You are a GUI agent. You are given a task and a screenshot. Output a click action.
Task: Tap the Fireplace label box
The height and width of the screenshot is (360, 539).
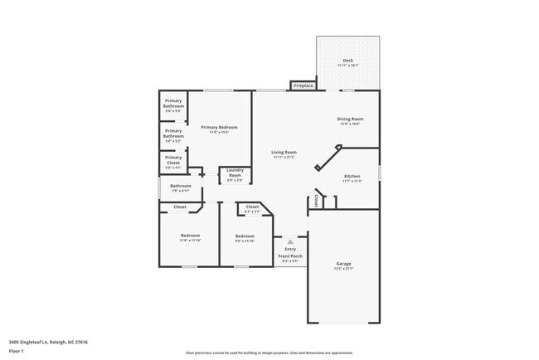click(x=303, y=85)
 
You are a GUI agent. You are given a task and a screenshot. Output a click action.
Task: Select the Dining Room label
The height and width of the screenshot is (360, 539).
click(x=349, y=119)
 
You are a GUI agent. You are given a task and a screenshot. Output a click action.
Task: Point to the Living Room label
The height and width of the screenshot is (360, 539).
click(x=284, y=153)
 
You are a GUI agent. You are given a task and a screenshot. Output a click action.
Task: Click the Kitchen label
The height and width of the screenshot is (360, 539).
click(x=352, y=177)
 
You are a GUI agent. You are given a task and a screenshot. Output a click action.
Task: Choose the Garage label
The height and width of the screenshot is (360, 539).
click(x=343, y=263)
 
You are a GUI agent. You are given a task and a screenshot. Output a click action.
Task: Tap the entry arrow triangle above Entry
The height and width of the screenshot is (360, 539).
click(x=290, y=241)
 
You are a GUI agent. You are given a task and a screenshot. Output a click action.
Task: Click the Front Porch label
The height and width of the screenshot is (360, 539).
click(x=290, y=256)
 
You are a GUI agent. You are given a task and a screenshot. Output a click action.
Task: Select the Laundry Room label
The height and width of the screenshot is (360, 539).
click(x=235, y=174)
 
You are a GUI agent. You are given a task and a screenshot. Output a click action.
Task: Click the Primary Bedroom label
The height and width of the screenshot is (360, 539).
click(x=219, y=127)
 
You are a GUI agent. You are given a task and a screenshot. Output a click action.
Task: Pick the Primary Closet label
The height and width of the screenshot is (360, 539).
click(x=172, y=160)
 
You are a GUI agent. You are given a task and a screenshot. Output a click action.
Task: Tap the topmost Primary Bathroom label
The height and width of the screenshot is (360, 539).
click(x=173, y=105)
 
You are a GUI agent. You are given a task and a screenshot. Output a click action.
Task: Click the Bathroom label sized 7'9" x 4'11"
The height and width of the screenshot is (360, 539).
click(x=181, y=186)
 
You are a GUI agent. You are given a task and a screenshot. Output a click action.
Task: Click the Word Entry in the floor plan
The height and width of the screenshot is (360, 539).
click(x=290, y=249)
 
